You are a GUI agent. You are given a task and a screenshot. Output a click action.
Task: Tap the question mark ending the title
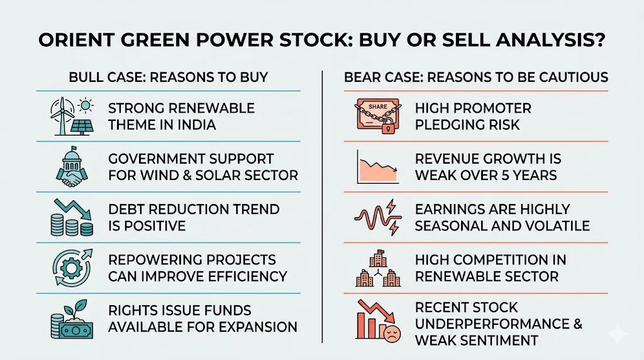pyautogui.click(x=598, y=42)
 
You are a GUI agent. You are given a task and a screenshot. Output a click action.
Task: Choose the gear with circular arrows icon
pyautogui.click(x=70, y=267)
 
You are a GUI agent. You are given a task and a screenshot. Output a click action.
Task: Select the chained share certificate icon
pyautogui.click(x=378, y=116)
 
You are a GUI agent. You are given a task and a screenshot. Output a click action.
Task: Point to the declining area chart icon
pyautogui.click(x=378, y=166)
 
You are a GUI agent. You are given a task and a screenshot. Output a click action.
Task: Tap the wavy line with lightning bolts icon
pyautogui.click(x=378, y=217)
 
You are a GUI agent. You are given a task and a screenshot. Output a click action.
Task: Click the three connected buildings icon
pyautogui.click(x=378, y=267)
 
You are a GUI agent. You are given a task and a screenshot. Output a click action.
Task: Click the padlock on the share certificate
pyautogui.click(x=388, y=128)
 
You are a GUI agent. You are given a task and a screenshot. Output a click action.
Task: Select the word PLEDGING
pyautogui.click(x=454, y=125)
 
